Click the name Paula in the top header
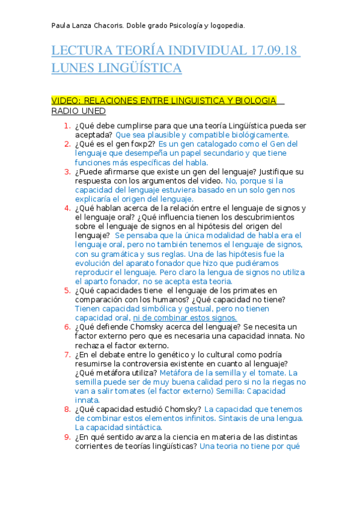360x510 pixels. (62, 25)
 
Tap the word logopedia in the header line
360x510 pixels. (225, 25)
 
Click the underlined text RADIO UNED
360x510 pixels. (78, 111)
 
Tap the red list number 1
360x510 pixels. (67, 126)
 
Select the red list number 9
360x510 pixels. (67, 437)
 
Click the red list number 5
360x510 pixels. (67, 290)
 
